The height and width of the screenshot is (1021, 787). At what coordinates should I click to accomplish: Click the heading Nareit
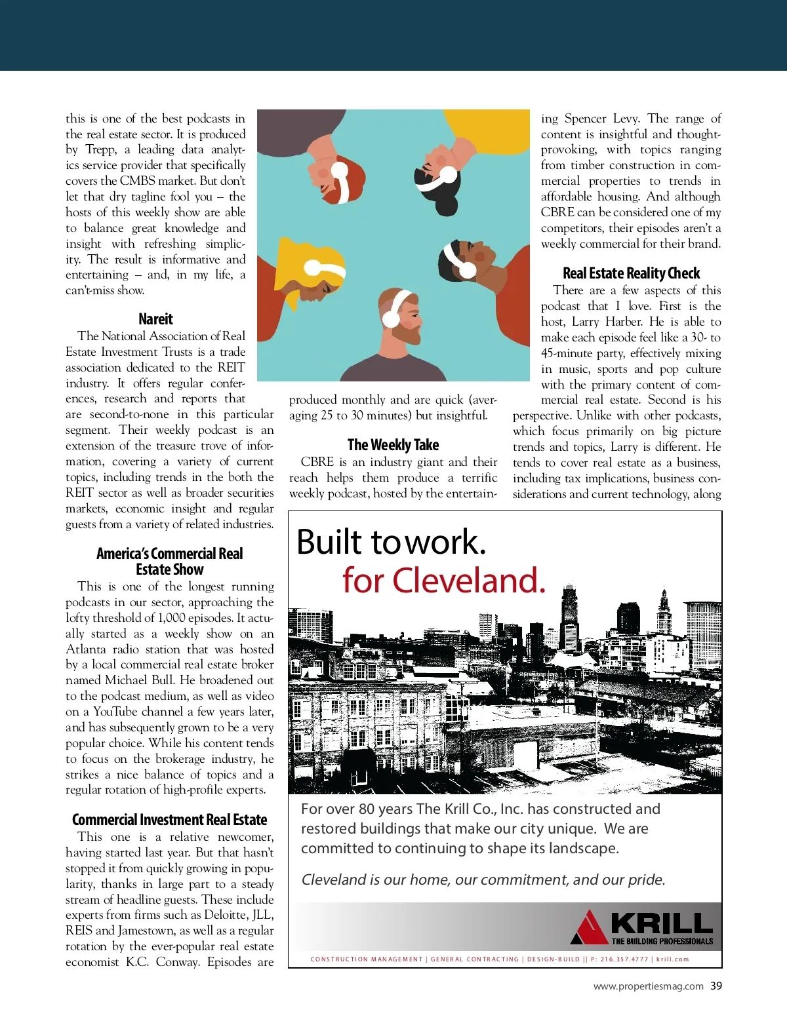coord(155,319)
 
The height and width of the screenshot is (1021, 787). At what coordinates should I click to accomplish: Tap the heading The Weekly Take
coord(393,445)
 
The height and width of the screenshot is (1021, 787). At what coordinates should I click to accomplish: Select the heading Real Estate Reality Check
coord(631,273)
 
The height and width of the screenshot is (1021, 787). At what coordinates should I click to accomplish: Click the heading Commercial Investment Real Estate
coord(169,820)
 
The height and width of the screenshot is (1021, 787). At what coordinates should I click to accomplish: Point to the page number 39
coord(716,986)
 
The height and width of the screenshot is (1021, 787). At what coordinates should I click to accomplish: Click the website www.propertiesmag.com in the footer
coord(648,986)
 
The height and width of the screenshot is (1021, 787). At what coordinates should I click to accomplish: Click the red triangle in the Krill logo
coord(588,927)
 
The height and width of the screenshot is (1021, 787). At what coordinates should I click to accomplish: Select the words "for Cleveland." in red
coord(443,581)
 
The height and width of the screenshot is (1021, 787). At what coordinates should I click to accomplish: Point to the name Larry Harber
coord(607,322)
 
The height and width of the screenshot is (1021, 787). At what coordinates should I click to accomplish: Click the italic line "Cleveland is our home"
coord(483,879)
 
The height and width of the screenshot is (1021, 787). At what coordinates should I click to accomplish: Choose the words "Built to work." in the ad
coord(392,542)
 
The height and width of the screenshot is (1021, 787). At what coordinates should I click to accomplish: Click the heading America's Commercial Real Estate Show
coord(169,562)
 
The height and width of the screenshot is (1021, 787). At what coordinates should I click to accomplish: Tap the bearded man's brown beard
coord(410,334)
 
